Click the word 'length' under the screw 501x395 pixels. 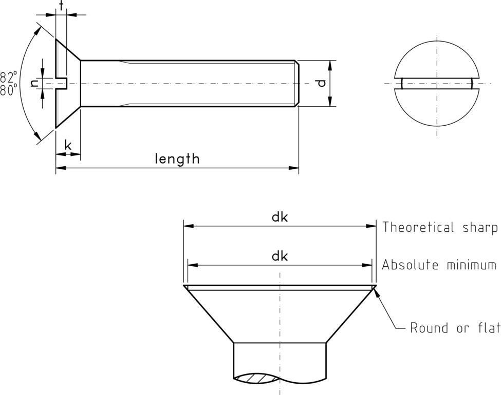click(x=177, y=159)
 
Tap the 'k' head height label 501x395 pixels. click(x=68, y=145)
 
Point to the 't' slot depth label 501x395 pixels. click(x=61, y=6)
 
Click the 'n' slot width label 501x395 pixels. click(x=35, y=83)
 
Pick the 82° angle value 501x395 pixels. click(x=8, y=77)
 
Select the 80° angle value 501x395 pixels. click(x=8, y=90)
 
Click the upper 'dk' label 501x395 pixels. click(x=280, y=217)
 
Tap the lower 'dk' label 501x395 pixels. click(x=280, y=256)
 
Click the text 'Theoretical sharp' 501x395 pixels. click(x=440, y=227)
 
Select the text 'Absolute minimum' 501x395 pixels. click(x=439, y=265)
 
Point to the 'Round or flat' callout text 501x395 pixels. click(x=455, y=328)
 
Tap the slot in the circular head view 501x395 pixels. click(x=437, y=83)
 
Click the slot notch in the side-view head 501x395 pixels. click(x=62, y=83)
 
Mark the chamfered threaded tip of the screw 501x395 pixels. click(x=296, y=83)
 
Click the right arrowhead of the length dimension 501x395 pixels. click(x=295, y=168)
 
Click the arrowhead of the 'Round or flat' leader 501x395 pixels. click(x=377, y=292)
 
